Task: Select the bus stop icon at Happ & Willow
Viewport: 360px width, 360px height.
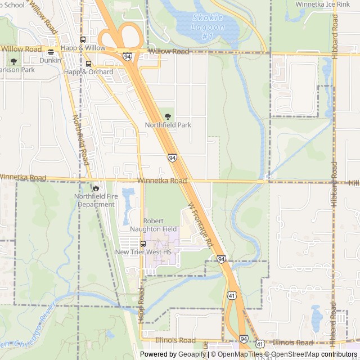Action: [83, 39]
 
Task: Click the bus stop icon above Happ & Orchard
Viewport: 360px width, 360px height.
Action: [88, 64]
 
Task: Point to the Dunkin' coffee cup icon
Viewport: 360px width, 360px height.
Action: [51, 52]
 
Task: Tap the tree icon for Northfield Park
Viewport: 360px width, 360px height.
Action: [168, 116]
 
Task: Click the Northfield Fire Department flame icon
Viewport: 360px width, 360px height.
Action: [96, 188]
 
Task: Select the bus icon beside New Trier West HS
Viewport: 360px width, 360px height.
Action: [143, 244]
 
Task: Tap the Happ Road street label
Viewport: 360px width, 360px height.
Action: [141, 305]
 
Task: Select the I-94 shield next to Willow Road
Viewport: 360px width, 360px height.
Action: [128, 56]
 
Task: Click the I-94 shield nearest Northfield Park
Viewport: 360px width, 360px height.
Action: [171, 158]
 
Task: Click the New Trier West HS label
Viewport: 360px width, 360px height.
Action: [143, 253]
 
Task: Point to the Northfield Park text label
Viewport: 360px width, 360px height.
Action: [168, 125]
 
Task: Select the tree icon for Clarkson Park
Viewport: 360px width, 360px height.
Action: [13, 61]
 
